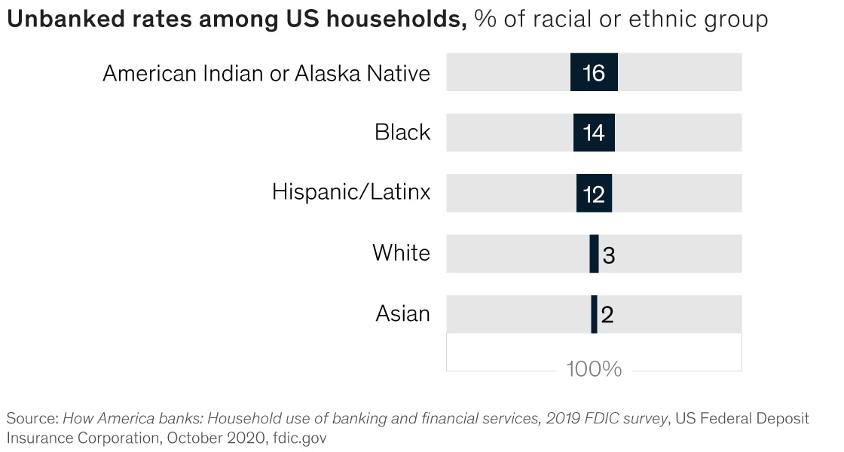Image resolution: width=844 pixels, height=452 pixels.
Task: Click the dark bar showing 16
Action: pyautogui.click(x=594, y=72)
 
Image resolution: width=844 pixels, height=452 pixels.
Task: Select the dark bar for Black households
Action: pyautogui.click(x=594, y=133)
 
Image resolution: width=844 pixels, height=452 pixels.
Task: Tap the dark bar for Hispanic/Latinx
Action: pyautogui.click(x=594, y=193)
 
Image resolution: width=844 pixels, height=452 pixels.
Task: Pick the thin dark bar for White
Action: pyautogui.click(x=594, y=253)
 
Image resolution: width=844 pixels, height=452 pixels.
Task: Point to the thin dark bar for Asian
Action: pyautogui.click(x=594, y=313)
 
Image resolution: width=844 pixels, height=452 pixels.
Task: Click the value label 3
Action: pyautogui.click(x=609, y=255)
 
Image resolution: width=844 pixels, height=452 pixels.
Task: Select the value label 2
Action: pyautogui.click(x=607, y=314)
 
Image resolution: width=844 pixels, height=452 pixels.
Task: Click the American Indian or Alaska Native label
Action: pyautogui.click(x=266, y=73)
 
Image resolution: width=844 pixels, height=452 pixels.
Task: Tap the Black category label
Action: pyautogui.click(x=402, y=133)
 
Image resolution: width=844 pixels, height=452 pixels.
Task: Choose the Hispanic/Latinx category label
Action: pyautogui.click(x=351, y=192)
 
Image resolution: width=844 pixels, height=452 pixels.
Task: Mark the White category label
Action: pyautogui.click(x=401, y=252)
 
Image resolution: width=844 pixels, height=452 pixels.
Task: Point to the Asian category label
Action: pyautogui.click(x=402, y=313)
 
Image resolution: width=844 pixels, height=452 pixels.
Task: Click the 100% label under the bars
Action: pyautogui.click(x=594, y=369)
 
